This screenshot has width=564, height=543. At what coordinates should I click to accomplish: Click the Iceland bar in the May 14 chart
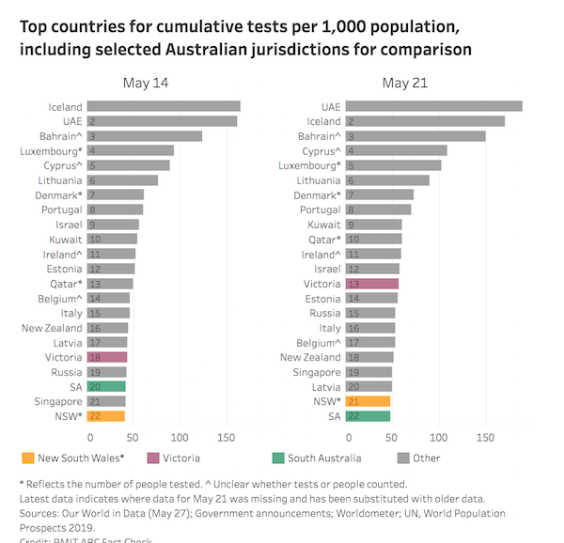pos(164,107)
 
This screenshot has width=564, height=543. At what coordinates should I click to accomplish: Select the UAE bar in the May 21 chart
pos(433,107)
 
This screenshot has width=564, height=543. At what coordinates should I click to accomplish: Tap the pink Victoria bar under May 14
pos(107,357)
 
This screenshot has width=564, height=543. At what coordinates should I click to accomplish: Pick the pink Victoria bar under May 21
pos(372,284)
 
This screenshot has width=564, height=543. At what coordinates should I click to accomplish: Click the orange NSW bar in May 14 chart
pos(106,415)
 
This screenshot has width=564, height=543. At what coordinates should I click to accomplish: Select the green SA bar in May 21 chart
pos(368,415)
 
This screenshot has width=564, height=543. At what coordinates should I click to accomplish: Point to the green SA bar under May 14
pos(106,386)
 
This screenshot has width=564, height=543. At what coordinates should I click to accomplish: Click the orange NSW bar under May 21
pos(368,401)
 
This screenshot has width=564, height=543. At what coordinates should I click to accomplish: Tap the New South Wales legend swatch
pos(27,458)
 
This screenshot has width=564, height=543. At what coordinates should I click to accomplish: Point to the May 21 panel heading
pos(405,84)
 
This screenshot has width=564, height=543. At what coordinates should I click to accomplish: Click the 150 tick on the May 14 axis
pos(226,437)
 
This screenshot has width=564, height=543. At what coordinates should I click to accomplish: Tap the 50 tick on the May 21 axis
pos(393,437)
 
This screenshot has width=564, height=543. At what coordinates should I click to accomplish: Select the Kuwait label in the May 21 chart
pos(323,225)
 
